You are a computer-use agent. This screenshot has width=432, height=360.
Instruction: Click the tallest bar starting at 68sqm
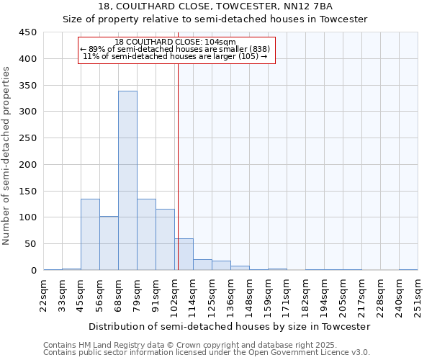[x=127, y=180]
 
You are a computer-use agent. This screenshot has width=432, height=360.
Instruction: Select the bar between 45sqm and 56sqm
[x=90, y=234]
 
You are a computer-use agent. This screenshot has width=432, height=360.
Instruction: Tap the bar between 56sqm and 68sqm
[x=109, y=243]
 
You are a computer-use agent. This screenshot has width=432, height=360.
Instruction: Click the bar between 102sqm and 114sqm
[x=184, y=254]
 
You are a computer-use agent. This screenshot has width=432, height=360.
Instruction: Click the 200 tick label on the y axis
[x=27, y=164]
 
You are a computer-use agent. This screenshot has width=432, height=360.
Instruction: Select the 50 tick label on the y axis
[x=30, y=244]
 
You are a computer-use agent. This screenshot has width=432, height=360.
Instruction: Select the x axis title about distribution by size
[x=230, y=326]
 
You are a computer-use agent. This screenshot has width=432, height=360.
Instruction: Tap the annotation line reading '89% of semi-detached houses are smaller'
[x=175, y=49]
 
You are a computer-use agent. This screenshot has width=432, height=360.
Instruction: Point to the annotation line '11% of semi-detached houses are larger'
[x=175, y=56]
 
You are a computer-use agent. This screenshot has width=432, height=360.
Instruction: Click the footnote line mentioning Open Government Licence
[x=207, y=352]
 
